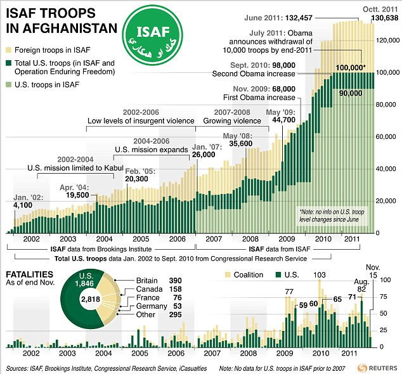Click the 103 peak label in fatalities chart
[320, 274]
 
